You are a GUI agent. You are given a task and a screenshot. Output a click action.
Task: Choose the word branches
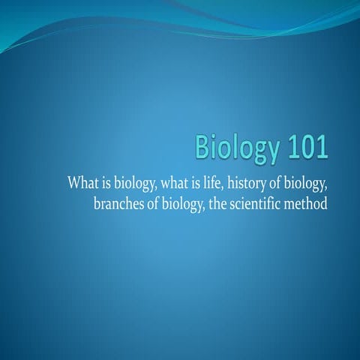119,202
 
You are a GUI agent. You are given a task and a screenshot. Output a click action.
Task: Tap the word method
307,202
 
